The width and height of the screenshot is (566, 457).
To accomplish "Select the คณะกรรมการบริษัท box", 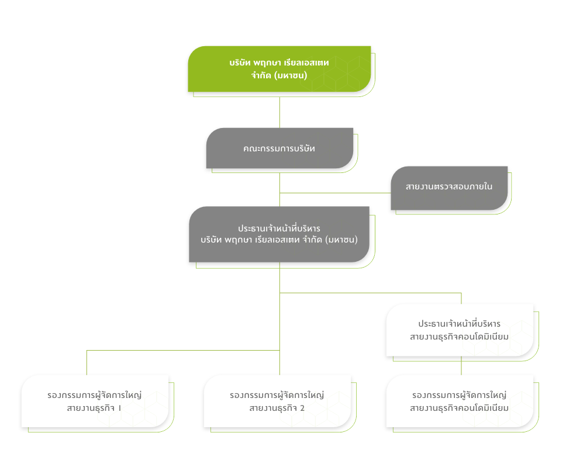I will pyautogui.click(x=279, y=148).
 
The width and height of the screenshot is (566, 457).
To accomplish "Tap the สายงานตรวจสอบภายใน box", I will pyautogui.click(x=449, y=188).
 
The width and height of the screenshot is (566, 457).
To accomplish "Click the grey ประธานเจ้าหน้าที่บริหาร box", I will pyautogui.click(x=279, y=234).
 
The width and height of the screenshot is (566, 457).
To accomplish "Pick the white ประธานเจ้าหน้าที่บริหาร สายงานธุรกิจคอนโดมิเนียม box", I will pyautogui.click(x=460, y=330).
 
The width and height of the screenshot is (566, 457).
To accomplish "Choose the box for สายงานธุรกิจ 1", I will pyautogui.click(x=95, y=401).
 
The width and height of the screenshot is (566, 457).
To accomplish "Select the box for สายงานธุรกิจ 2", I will pyautogui.click(x=277, y=401).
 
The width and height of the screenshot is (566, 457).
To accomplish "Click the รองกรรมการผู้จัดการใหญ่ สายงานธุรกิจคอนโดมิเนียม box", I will pyautogui.click(x=460, y=401).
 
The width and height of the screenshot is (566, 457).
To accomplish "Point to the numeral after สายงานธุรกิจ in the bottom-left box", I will pyautogui.click(x=119, y=408).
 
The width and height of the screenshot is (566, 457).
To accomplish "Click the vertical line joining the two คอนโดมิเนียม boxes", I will pyautogui.click(x=461, y=365).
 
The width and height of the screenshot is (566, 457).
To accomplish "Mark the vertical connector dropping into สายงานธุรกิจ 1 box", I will pyautogui.click(x=87, y=362).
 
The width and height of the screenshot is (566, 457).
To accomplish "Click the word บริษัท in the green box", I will pyautogui.click(x=240, y=63).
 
